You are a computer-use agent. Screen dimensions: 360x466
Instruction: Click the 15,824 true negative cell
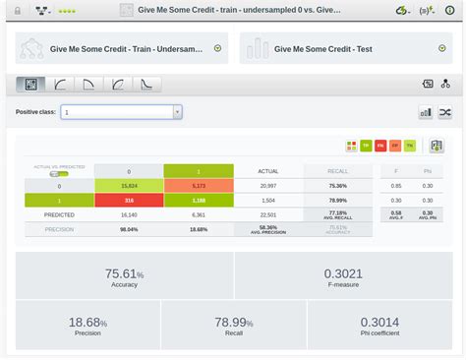pyautogui.click(x=129, y=185)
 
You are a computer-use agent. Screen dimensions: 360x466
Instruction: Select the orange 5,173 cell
pyautogui.click(x=199, y=185)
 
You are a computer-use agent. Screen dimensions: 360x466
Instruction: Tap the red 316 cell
pyautogui.click(x=129, y=198)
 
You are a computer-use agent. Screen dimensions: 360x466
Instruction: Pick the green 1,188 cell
pyautogui.click(x=199, y=198)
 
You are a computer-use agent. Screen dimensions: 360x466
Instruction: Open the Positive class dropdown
pyautogui.click(x=121, y=112)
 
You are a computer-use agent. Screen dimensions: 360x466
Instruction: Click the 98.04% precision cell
pyautogui.click(x=129, y=228)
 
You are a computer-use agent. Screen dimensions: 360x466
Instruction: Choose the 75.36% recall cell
pyautogui.click(x=337, y=185)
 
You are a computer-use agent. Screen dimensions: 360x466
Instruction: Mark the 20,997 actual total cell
pyautogui.click(x=267, y=185)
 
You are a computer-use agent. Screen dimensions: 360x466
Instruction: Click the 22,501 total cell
pyautogui.click(x=267, y=212)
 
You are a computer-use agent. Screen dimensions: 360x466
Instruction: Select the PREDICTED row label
pyautogui.click(x=59, y=212)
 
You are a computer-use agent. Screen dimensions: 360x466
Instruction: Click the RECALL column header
pyautogui.click(x=337, y=170)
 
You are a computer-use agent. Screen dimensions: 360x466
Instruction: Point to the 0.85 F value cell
pyautogui.click(x=395, y=185)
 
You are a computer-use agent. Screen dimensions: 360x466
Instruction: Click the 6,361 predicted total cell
pyautogui.click(x=199, y=212)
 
